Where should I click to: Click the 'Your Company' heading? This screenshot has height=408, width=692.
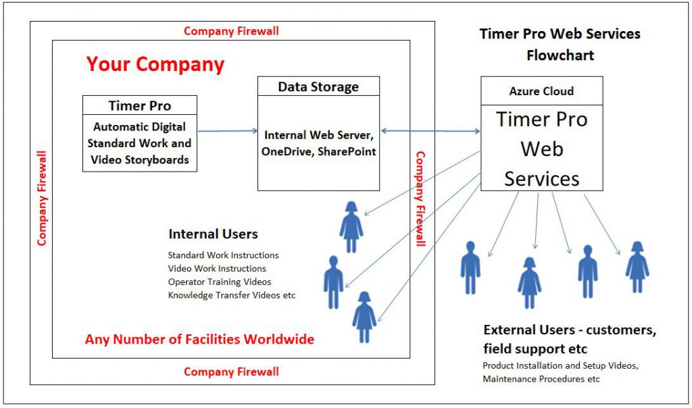point(155,65)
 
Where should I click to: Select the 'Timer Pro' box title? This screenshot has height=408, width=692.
point(140,106)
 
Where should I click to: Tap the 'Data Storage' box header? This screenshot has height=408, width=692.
point(318,86)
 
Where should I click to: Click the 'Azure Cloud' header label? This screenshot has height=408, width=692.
point(541,91)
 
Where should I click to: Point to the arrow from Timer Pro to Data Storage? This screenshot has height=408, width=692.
point(227,132)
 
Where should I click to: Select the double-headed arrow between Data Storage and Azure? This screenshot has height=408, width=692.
point(430,131)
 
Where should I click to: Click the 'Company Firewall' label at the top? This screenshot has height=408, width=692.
point(231,31)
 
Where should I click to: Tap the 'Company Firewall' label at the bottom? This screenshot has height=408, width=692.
point(231,372)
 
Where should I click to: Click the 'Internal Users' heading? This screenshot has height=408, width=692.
point(213,234)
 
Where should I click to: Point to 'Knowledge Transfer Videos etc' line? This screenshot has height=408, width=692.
point(232,295)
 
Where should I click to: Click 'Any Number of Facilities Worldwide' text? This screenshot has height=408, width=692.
point(199,339)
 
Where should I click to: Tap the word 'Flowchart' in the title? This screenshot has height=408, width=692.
point(560,55)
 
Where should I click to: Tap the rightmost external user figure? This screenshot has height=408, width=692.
point(637,265)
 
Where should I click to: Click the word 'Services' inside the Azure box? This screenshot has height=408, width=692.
point(541,178)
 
